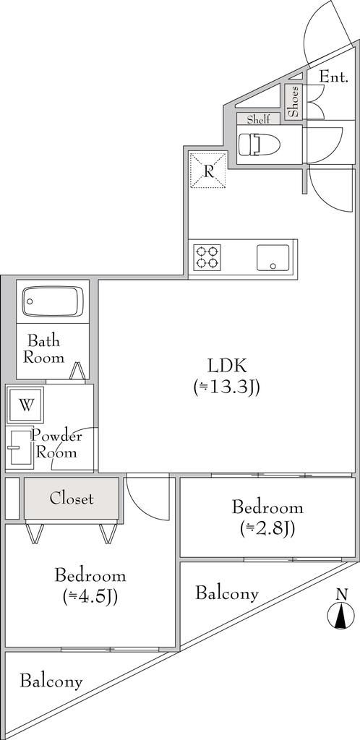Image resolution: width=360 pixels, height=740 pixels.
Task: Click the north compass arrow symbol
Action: pyautogui.click(x=338, y=616)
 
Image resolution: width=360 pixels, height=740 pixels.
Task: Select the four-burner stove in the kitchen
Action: pyautogui.click(x=207, y=257)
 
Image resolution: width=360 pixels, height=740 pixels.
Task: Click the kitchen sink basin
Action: pyautogui.click(x=273, y=257)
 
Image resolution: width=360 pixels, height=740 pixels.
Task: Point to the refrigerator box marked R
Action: pyautogui.click(x=207, y=171)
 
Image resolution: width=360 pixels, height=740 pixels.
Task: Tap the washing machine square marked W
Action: pyautogui.click(x=26, y=405)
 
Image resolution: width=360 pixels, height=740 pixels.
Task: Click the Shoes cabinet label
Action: pyautogui.click(x=293, y=101)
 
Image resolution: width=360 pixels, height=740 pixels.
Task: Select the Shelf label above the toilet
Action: pyautogui.click(x=258, y=119)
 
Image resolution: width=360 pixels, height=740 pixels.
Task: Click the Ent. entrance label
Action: pyautogui.click(x=334, y=77)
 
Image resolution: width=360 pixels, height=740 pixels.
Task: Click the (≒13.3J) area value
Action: pyautogui.click(x=226, y=388)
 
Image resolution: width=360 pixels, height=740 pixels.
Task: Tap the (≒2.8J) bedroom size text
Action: pyautogui.click(x=267, y=528)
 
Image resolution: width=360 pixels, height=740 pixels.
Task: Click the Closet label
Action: pyautogui.click(x=71, y=499)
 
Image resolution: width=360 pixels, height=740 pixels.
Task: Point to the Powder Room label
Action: pyautogui.click(x=56, y=444)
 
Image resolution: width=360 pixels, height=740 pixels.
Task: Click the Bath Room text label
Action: pyautogui.click(x=44, y=348)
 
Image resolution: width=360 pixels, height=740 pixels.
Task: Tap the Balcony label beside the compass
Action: pyautogui.click(x=226, y=594)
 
